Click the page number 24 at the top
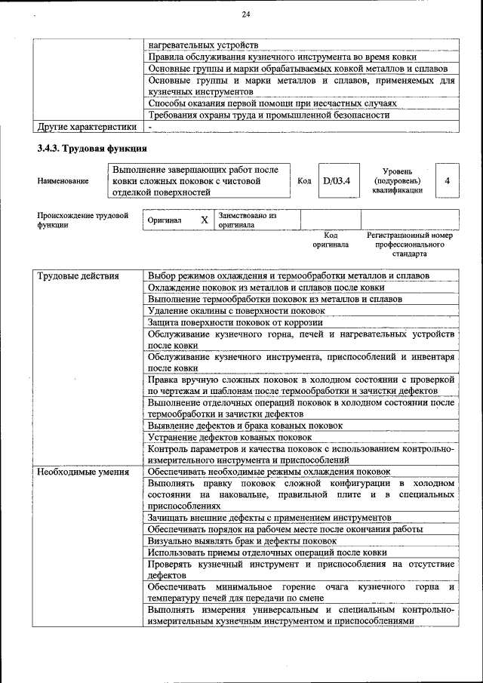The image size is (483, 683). [x=245, y=14]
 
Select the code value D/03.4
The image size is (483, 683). [x=336, y=181]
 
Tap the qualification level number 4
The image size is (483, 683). [x=448, y=181]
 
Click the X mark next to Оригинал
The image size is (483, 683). [x=204, y=220]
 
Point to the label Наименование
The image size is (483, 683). [x=63, y=181]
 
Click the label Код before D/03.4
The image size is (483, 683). [x=304, y=181]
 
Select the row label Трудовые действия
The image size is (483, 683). [x=78, y=275]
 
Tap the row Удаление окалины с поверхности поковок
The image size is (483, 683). [x=236, y=310]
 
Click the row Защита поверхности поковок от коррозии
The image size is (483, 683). [x=235, y=322]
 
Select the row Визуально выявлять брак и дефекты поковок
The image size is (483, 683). [x=241, y=540]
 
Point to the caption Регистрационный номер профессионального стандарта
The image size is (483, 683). [x=409, y=245]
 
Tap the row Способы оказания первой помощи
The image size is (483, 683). [x=272, y=103]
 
